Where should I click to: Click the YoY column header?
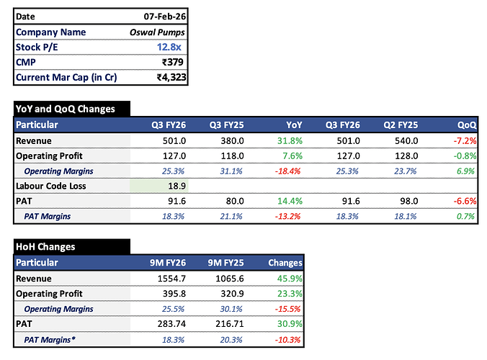tap(293, 125)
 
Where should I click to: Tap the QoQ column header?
tap(468, 125)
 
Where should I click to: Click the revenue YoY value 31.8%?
tap(290, 140)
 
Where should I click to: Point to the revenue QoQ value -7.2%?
tap(464, 140)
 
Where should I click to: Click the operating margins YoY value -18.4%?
tap(288, 171)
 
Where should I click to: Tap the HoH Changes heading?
tap(45, 247)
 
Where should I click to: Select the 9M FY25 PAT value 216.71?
tap(231, 324)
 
